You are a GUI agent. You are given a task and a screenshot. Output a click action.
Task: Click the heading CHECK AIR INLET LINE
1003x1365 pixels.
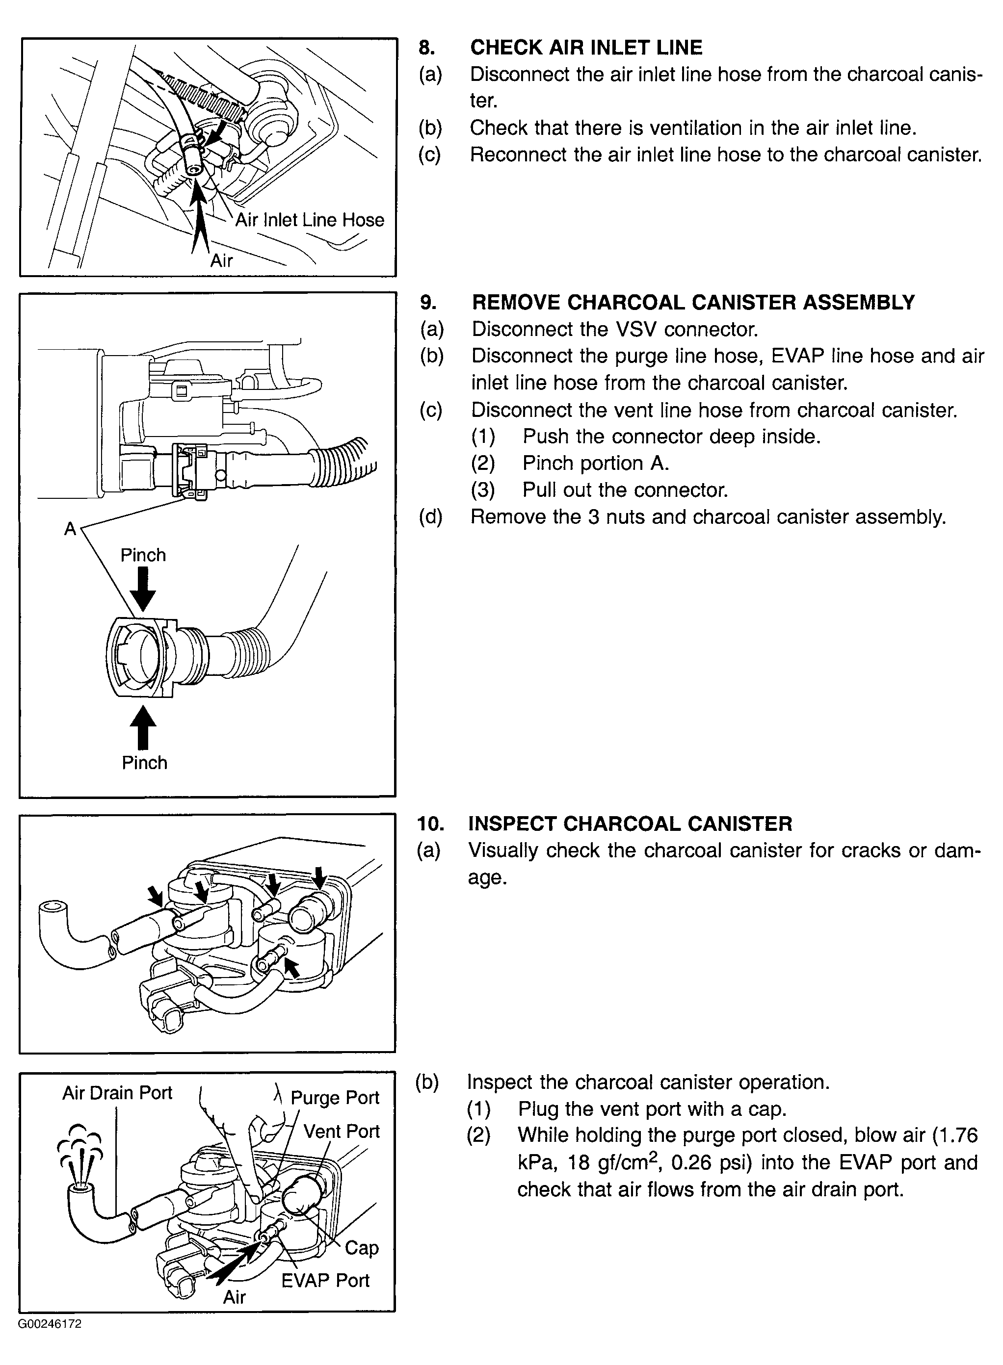[586, 48]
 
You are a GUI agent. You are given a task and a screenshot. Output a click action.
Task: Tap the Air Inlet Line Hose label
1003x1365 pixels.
[310, 220]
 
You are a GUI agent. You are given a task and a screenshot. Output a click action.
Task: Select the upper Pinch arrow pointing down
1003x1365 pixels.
[143, 588]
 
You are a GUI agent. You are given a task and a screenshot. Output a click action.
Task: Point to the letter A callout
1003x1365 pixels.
[71, 529]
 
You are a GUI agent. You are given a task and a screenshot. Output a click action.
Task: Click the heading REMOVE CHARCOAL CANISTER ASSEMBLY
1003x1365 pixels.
[693, 302]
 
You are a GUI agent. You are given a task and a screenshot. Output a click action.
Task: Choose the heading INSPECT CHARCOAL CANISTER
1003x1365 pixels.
[630, 824]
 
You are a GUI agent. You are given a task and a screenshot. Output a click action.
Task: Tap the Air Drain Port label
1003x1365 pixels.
[117, 1093]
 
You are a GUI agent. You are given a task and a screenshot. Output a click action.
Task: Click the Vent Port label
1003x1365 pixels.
[341, 1132]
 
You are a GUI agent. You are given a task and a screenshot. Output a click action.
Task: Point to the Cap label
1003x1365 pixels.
[361, 1248]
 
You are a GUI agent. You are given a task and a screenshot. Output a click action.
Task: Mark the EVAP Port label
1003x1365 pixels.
[325, 1281]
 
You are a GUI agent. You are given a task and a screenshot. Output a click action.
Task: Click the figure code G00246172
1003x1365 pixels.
[50, 1324]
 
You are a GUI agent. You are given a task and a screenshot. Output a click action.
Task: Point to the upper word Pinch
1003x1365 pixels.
[143, 555]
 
